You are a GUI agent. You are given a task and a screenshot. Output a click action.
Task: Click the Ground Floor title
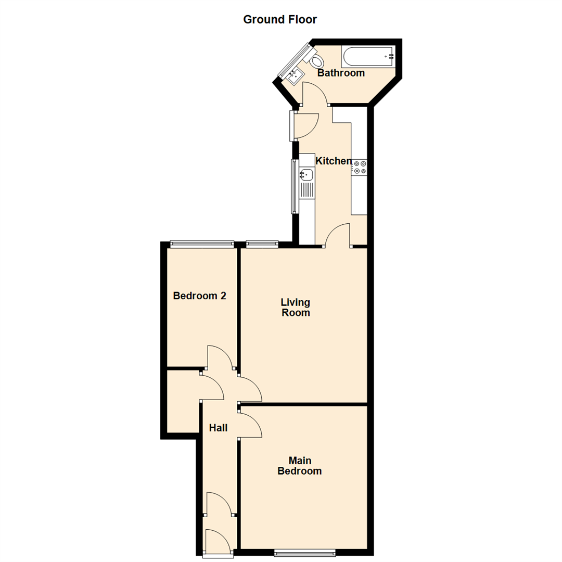280,20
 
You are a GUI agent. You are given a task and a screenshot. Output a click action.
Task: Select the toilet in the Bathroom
316,60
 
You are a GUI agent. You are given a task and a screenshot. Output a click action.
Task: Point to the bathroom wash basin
294,77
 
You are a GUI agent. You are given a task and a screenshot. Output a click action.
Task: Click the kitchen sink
306,175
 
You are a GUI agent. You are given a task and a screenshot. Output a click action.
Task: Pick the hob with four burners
359,167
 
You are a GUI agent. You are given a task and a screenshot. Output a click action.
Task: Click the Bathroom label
341,73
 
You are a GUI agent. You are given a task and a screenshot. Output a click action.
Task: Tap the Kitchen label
334,161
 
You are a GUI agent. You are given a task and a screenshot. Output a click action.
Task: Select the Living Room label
295,307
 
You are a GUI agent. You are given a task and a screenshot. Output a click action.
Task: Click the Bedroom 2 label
199,296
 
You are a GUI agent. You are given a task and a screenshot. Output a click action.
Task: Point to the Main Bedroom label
299,466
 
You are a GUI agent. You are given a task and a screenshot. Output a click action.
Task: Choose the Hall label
218,428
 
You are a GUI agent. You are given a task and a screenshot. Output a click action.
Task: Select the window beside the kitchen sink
294,186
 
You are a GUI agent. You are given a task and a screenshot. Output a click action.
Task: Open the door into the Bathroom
314,94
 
